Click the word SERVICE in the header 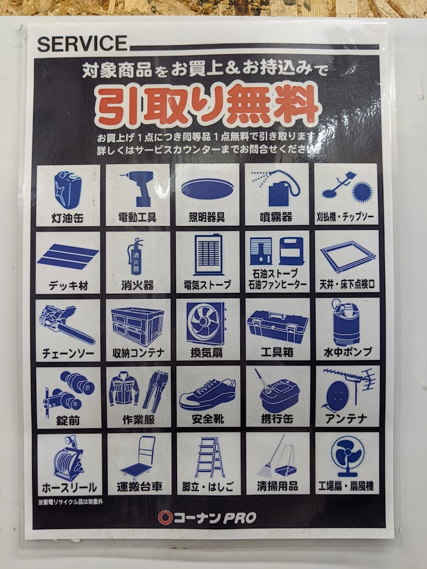click(82, 43)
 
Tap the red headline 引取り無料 click(207, 105)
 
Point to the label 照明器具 click(207, 218)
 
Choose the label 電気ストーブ click(207, 285)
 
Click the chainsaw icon click(68, 325)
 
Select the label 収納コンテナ click(138, 353)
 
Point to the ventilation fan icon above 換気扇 click(207, 324)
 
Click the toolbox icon click(278, 326)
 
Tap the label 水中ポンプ click(348, 351)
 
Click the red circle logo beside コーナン click(165, 517)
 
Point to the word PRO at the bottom click(240, 518)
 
